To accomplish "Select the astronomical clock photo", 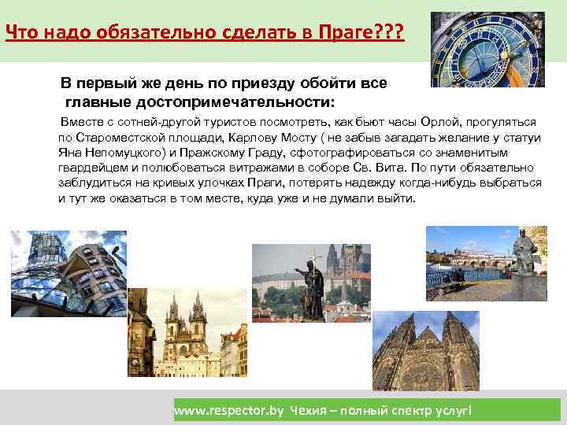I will click(487, 50).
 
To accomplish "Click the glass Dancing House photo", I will click(68, 271).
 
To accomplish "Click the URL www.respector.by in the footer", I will click(228, 411).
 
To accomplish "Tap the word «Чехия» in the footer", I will click(309, 411).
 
